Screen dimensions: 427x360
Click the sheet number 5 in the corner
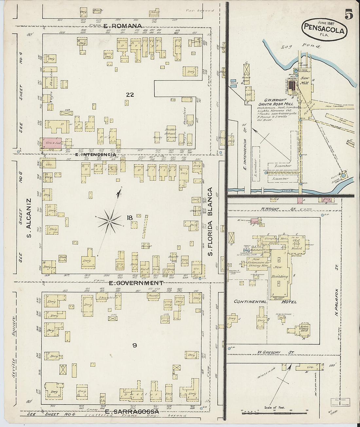tap(348, 15)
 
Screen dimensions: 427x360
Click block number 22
tap(130, 95)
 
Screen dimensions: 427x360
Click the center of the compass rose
tap(109, 222)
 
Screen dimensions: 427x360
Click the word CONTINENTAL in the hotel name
tap(249, 301)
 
